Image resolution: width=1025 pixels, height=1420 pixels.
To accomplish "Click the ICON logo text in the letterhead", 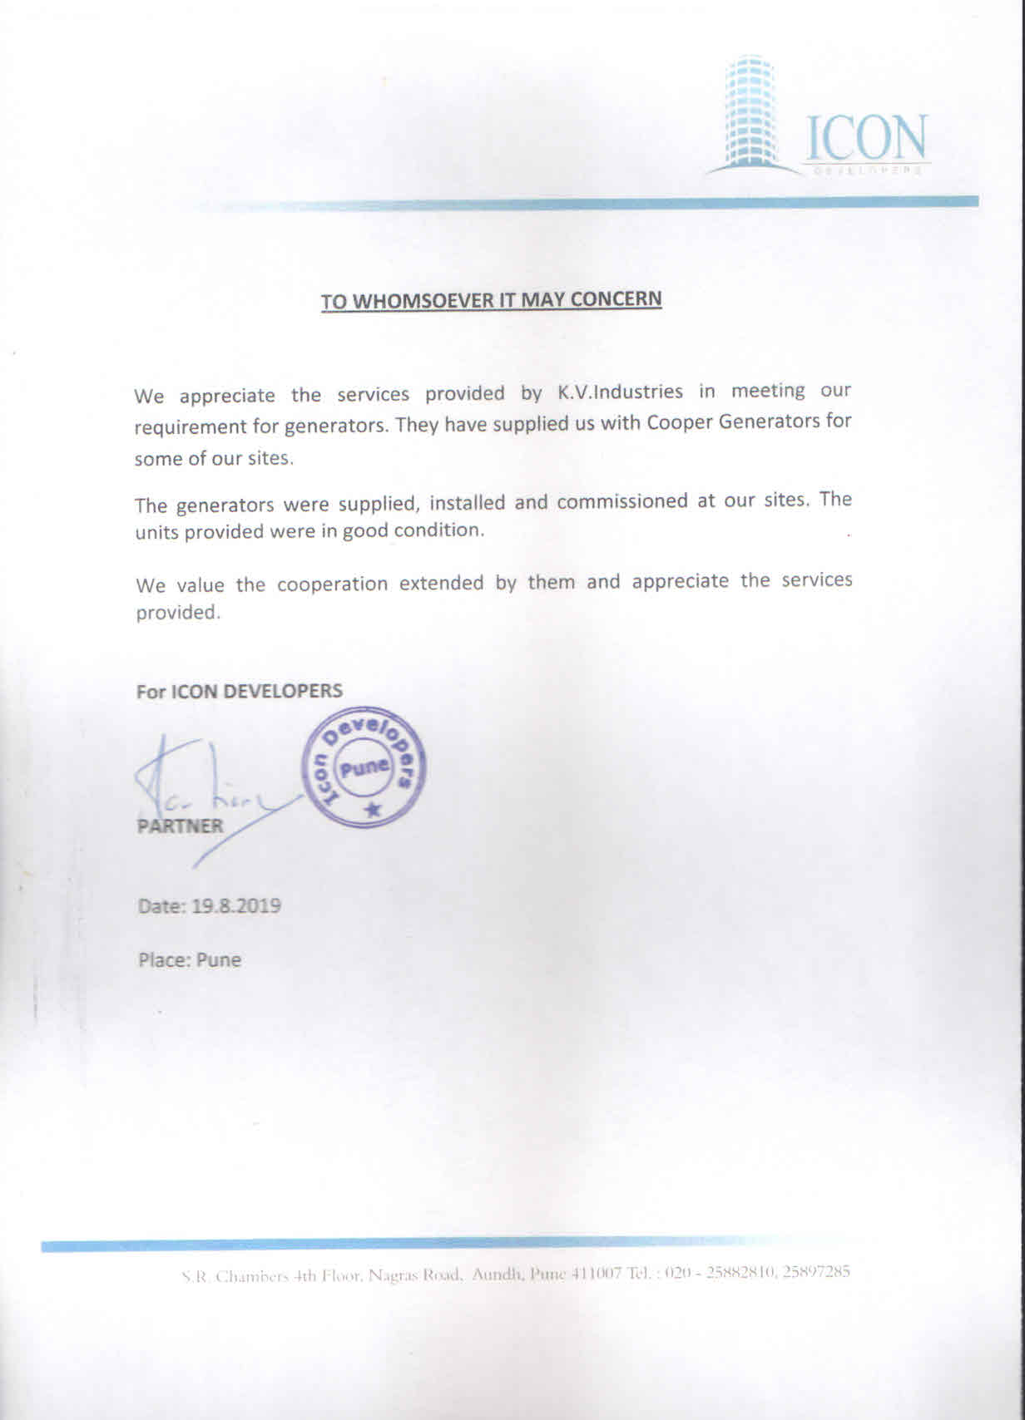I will coord(866,137).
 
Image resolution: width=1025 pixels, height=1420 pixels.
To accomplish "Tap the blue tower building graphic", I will coord(749,112).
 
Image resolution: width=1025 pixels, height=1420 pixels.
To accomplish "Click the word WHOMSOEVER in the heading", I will coord(422,301).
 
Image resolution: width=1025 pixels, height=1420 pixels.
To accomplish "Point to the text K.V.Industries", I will coord(614,392).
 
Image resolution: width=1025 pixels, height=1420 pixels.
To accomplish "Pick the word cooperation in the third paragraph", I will coord(332,584).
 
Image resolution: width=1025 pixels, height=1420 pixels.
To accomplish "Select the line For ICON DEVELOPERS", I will coord(240,691).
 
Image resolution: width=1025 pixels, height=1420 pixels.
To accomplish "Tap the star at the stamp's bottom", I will coord(372,808).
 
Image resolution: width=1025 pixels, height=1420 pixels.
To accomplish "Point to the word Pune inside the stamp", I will coord(364,767).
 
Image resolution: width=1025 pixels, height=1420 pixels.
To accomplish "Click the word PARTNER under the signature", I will coord(181,826).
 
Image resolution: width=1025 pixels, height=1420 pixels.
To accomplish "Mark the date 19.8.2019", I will coord(236,905).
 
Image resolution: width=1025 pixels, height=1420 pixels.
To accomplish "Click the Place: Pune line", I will coord(190,960).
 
